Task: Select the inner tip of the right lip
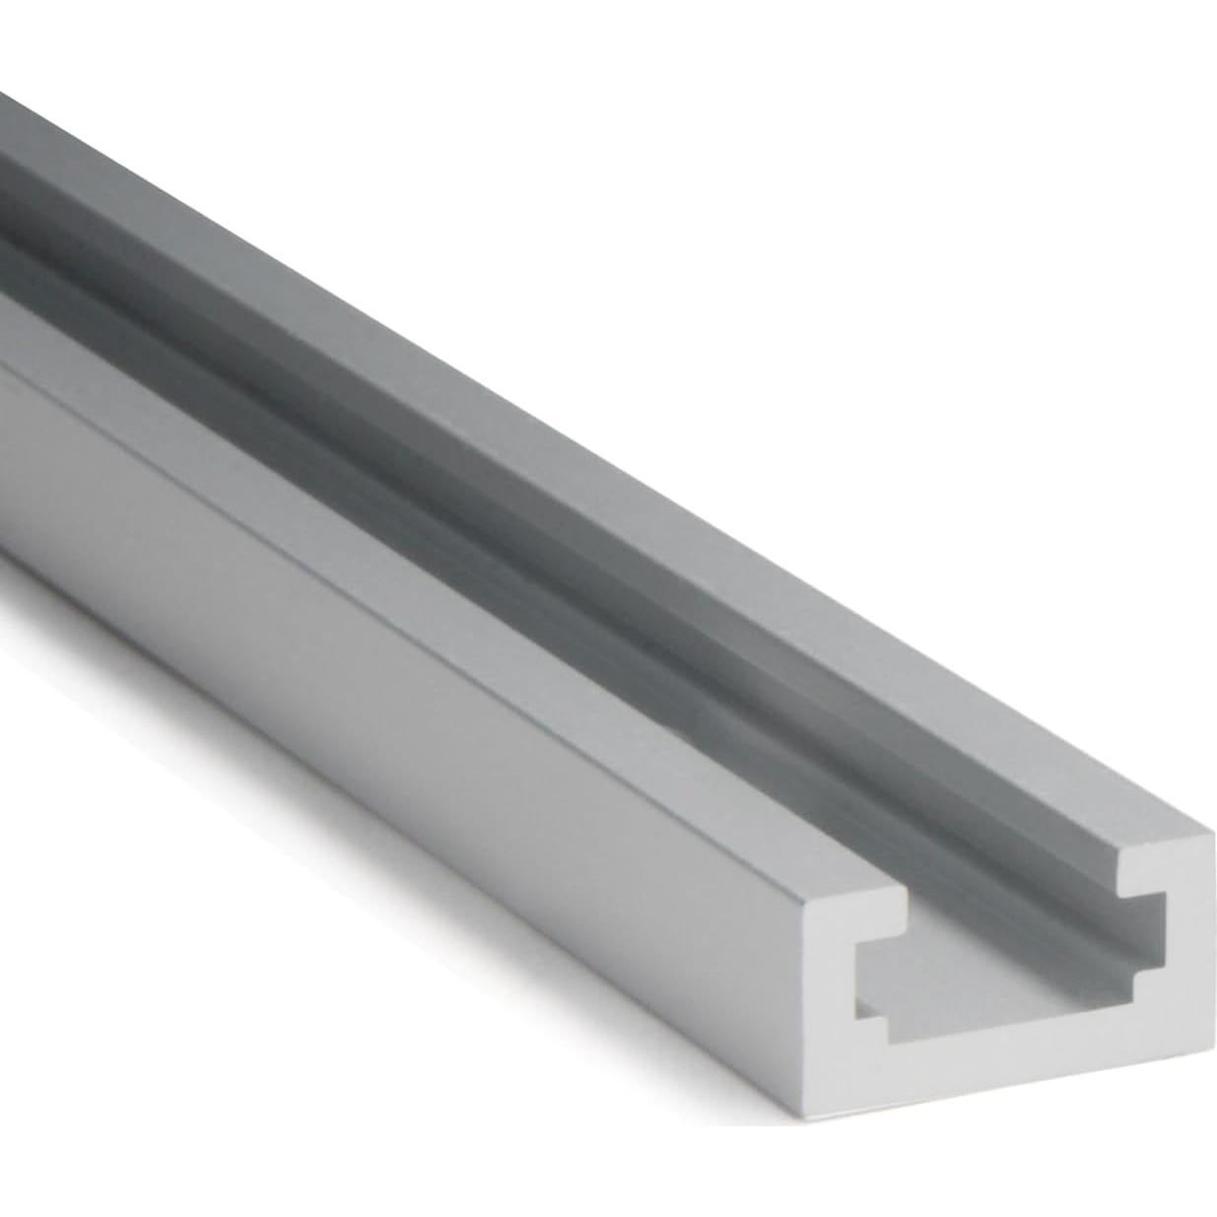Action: pos(1118,867)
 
